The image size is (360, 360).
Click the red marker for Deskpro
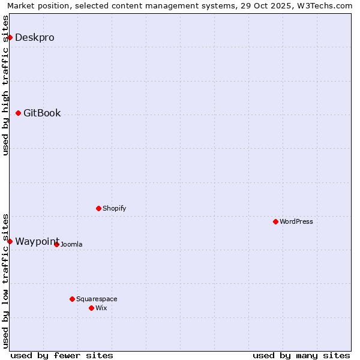pos(10,37)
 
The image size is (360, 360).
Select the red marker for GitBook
pos(18,113)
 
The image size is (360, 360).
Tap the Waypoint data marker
pos(10,241)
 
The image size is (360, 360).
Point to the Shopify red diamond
pos(98,208)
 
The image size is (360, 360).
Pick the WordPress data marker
pos(275,221)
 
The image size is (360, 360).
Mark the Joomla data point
pos(56,244)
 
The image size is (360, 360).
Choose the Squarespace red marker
pos(72,299)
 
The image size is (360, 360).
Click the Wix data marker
pos(91,308)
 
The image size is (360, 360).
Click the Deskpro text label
pos(34,37)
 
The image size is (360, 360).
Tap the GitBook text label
pos(42,113)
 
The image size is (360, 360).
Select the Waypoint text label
pos(37,241)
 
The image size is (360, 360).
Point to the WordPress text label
pos(296,221)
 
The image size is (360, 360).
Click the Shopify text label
pos(114,208)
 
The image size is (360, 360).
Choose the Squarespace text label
pos(97,299)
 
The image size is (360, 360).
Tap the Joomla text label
pos(71,244)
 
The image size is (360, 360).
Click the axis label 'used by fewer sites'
pos(62,355)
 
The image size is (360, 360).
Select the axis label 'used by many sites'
pos(301,355)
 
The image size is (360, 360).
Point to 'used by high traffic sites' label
pos(5,85)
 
